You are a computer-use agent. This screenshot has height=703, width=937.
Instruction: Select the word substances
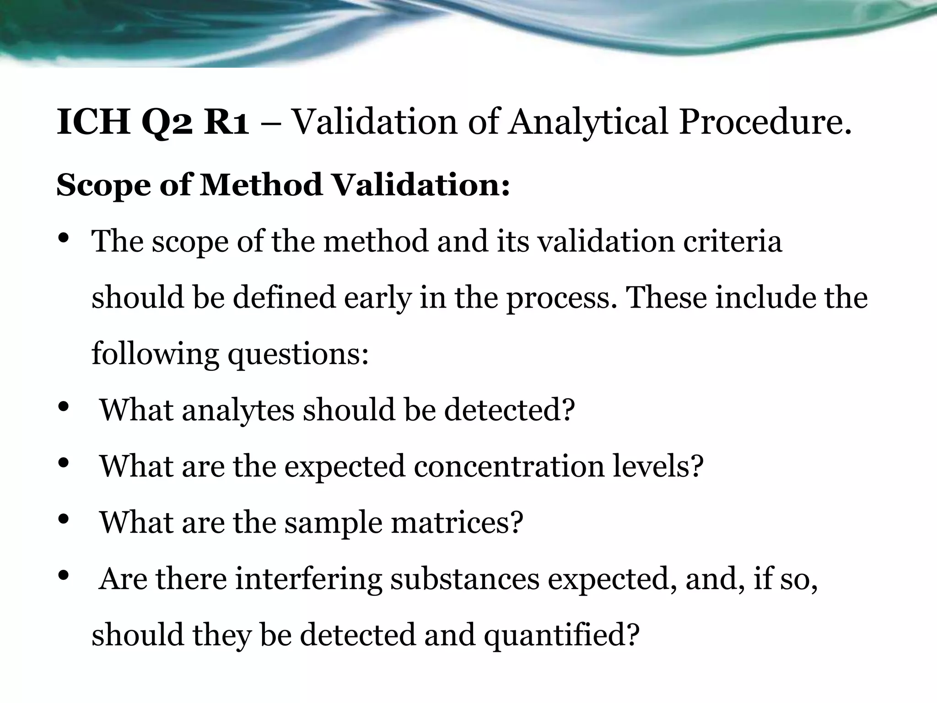point(464,579)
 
